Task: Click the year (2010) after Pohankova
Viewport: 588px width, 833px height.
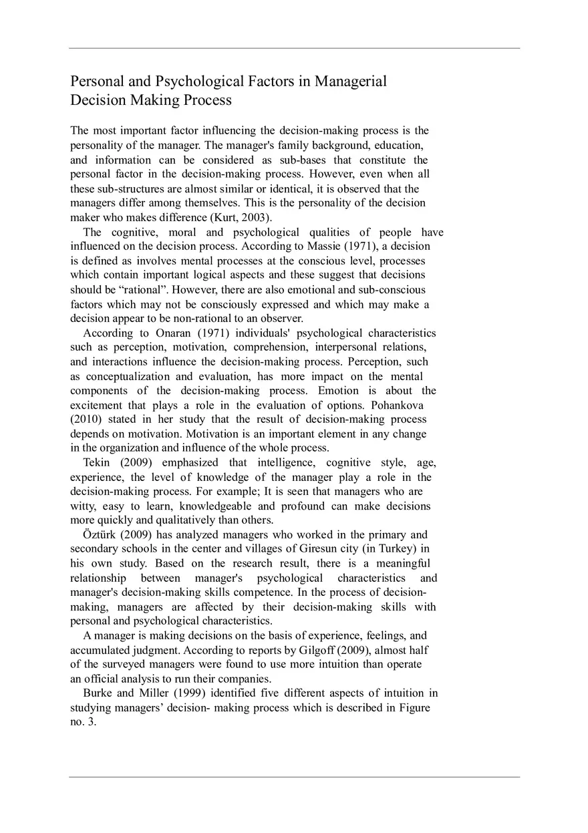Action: (84, 420)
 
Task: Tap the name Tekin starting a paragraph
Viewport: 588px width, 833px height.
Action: (97, 463)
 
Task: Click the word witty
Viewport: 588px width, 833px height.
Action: (84, 506)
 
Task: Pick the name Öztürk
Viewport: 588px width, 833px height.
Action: (99, 534)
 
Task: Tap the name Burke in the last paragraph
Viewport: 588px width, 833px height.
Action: (98, 693)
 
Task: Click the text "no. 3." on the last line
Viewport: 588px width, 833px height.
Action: (84, 722)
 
